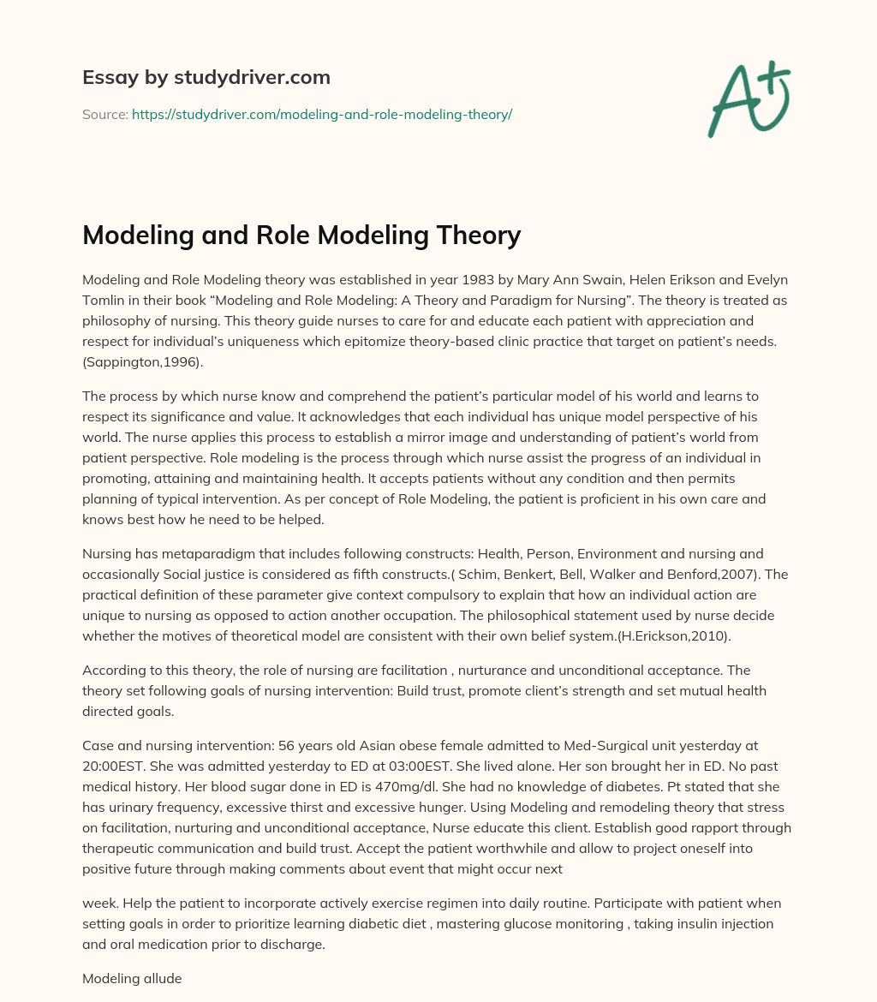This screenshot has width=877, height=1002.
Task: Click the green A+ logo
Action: pyautogui.click(x=748, y=101)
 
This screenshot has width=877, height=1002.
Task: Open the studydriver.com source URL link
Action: pyautogui.click(x=321, y=114)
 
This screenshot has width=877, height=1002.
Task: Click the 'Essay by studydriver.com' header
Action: pyautogui.click(x=206, y=77)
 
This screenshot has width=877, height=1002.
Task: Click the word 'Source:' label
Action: pyautogui.click(x=105, y=114)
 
